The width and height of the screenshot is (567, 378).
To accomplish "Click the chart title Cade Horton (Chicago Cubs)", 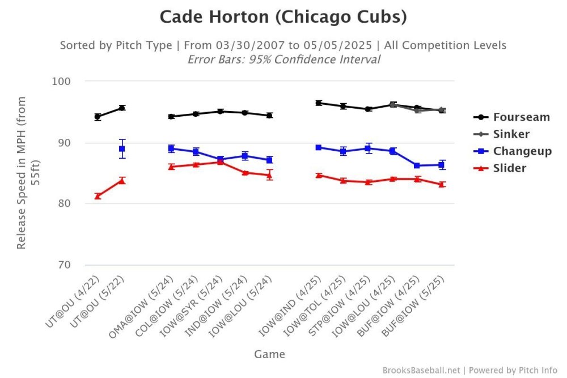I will pyautogui.click(x=283, y=17).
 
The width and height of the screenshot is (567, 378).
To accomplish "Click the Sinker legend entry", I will pyautogui.click(x=511, y=134).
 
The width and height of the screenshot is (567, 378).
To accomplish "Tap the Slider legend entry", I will pyautogui.click(x=509, y=168).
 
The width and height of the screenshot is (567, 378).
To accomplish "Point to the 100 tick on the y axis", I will pyautogui.click(x=60, y=81).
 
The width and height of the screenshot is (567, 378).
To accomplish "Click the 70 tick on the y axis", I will pyautogui.click(x=64, y=265).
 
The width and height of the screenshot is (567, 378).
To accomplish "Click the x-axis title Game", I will pyautogui.click(x=269, y=355).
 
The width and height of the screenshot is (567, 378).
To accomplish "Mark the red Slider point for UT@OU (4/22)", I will pyautogui.click(x=98, y=196).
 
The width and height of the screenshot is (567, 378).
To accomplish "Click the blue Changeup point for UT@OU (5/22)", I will pyautogui.click(x=122, y=148).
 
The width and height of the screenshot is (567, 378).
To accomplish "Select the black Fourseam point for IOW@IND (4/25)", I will pyautogui.click(x=319, y=103).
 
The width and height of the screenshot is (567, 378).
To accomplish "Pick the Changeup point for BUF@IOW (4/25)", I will pyautogui.click(x=417, y=165).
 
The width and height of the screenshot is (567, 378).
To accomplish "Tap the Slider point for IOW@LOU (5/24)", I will pyautogui.click(x=270, y=175).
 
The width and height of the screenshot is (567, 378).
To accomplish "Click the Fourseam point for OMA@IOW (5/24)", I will pyautogui.click(x=171, y=117).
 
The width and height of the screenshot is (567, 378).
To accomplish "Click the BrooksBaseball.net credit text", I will pyautogui.click(x=421, y=370).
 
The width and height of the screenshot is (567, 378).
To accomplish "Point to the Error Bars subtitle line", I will pyautogui.click(x=283, y=60).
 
